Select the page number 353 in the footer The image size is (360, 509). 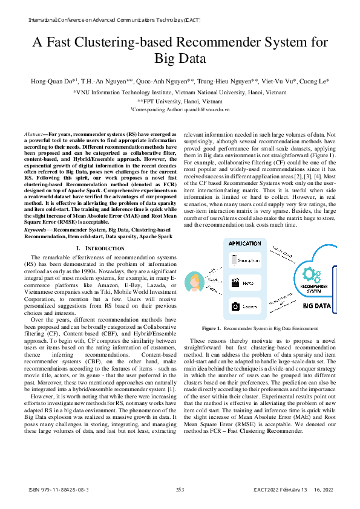coord(180,488)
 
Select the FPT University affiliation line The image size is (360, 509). coord(180,102)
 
